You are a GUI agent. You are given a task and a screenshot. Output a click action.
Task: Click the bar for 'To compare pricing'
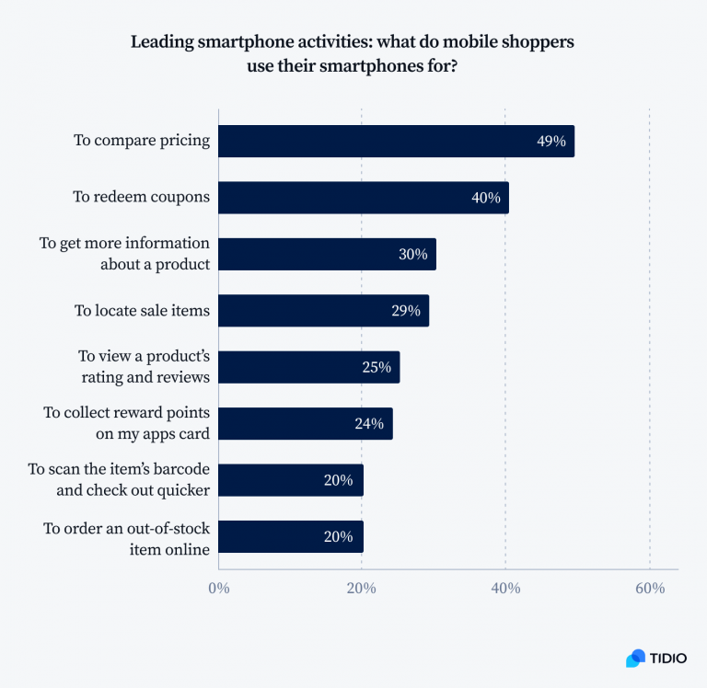(396, 142)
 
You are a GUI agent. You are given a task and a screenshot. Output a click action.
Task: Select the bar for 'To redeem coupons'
(363, 198)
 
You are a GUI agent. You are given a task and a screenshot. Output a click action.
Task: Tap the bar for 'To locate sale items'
(323, 311)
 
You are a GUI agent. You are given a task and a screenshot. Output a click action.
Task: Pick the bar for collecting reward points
(305, 424)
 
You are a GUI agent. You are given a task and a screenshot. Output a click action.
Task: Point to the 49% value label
(551, 142)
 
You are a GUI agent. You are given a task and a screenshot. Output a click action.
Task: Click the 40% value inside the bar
(485, 198)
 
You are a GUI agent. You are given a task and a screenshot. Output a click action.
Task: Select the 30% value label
(412, 255)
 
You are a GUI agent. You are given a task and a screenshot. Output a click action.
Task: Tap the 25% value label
(377, 368)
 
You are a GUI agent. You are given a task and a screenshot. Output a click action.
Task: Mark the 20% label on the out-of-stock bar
(339, 537)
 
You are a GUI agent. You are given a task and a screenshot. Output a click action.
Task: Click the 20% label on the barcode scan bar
(339, 480)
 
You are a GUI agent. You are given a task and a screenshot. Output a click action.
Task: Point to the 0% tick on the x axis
(218, 589)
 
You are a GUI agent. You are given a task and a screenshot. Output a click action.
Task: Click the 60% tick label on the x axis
(650, 589)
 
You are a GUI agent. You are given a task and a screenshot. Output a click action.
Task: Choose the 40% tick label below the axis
(505, 589)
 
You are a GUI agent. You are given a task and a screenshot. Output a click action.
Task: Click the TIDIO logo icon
(635, 658)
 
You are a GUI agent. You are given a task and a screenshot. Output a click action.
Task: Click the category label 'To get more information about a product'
(124, 254)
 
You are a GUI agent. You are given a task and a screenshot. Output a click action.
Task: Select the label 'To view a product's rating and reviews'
(143, 367)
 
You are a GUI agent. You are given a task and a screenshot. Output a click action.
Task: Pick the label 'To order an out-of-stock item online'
(127, 537)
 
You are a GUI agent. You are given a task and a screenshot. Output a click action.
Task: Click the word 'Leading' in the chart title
(162, 42)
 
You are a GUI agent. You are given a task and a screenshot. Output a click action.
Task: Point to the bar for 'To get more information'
(327, 255)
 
